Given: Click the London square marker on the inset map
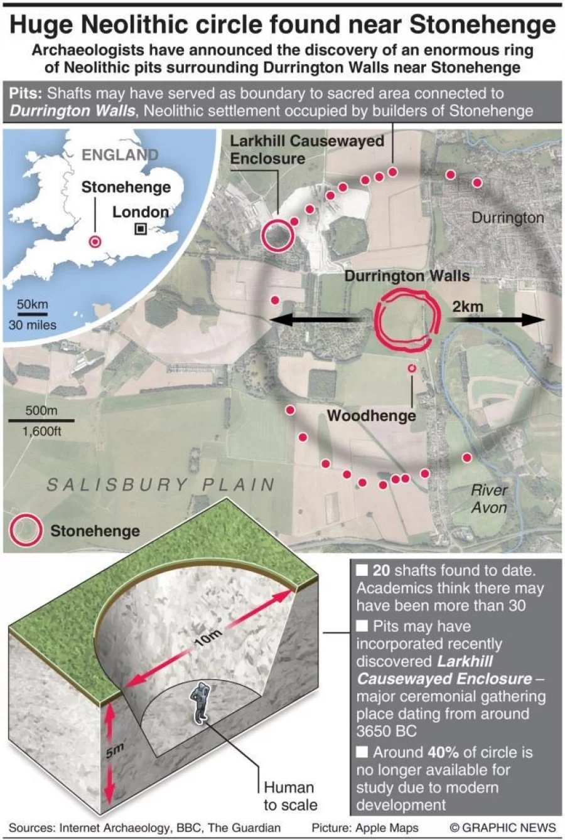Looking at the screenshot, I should pyautogui.click(x=141, y=229).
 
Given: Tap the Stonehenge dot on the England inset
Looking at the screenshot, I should pyautogui.click(x=95, y=242).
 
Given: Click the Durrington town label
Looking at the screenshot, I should pyautogui.click(x=507, y=218).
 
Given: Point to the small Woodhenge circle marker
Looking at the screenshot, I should pyautogui.click(x=412, y=368).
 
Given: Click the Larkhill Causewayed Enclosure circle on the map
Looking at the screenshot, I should pyautogui.click(x=278, y=236).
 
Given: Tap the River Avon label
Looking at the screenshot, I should pyautogui.click(x=489, y=499).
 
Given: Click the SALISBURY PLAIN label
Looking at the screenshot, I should pyautogui.click(x=161, y=484).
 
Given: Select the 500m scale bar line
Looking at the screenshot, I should pyautogui.click(x=41, y=420).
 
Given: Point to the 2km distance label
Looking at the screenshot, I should pyautogui.click(x=468, y=306).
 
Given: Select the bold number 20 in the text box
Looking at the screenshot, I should pyautogui.click(x=381, y=571).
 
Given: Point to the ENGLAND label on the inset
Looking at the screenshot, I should pyautogui.click(x=120, y=154).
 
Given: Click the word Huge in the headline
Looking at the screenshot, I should pyautogui.click(x=41, y=25).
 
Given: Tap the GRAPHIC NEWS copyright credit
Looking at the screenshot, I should pyautogui.click(x=503, y=827).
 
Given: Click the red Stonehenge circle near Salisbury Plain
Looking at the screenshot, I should pyautogui.click(x=26, y=531).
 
